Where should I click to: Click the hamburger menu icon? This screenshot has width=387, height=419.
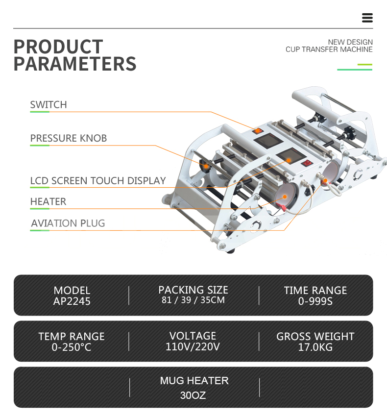[x=367, y=18]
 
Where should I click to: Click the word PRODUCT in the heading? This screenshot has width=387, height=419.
[x=58, y=47]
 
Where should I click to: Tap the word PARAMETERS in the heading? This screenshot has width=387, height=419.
[x=74, y=64]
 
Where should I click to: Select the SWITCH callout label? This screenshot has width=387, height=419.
[x=48, y=104]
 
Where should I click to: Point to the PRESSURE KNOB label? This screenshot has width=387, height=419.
[x=68, y=138]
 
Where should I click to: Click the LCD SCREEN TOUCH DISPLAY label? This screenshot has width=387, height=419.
[x=98, y=180]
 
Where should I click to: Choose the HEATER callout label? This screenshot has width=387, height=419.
[x=48, y=201]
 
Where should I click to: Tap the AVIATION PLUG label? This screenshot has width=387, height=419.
[x=68, y=223]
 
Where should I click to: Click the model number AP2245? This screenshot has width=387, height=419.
[x=72, y=301]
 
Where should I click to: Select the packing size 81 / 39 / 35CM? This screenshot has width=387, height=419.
[x=193, y=300]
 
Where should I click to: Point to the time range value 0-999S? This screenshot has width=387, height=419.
[x=315, y=301]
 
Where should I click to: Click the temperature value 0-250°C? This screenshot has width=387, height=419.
[x=72, y=347]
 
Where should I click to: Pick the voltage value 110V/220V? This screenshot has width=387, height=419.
[x=193, y=347]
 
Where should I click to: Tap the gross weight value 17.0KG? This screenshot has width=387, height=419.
[x=315, y=347]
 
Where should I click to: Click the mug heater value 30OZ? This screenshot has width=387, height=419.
[x=193, y=395]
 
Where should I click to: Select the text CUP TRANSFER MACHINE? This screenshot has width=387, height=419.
[x=329, y=49]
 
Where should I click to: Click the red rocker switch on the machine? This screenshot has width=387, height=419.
[x=307, y=163]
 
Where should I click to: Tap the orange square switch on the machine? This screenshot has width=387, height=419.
[x=256, y=131]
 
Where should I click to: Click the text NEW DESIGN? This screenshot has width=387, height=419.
[x=350, y=42]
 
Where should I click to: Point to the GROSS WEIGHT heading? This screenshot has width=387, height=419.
[x=315, y=337]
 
